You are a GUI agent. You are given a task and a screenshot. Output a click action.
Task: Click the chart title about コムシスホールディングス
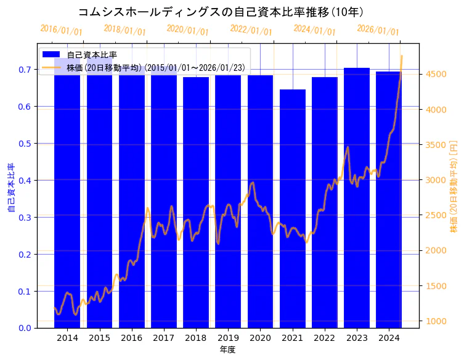pos(221,12)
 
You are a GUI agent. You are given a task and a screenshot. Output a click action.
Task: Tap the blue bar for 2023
pos(357,197)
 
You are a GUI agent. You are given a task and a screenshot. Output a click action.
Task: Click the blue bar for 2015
pos(99,197)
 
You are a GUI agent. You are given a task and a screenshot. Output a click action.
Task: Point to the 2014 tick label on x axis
pos(67,338)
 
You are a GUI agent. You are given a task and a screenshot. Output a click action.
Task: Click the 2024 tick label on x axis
pos(389,338)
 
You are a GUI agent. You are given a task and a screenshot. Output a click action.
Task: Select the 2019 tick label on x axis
pos(228,338)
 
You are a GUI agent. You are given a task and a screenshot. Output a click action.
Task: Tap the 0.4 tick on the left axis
pos(24,181)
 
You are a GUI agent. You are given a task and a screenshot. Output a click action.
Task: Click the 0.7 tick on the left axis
pos(24,70)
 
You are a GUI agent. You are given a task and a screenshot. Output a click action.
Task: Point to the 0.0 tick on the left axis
pos(24,328)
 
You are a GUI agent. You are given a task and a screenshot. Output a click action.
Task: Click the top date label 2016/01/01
pos(61,30)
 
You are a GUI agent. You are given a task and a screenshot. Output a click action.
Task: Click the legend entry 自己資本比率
pos(92,55)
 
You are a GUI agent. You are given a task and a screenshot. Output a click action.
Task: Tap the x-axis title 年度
pos(228,350)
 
